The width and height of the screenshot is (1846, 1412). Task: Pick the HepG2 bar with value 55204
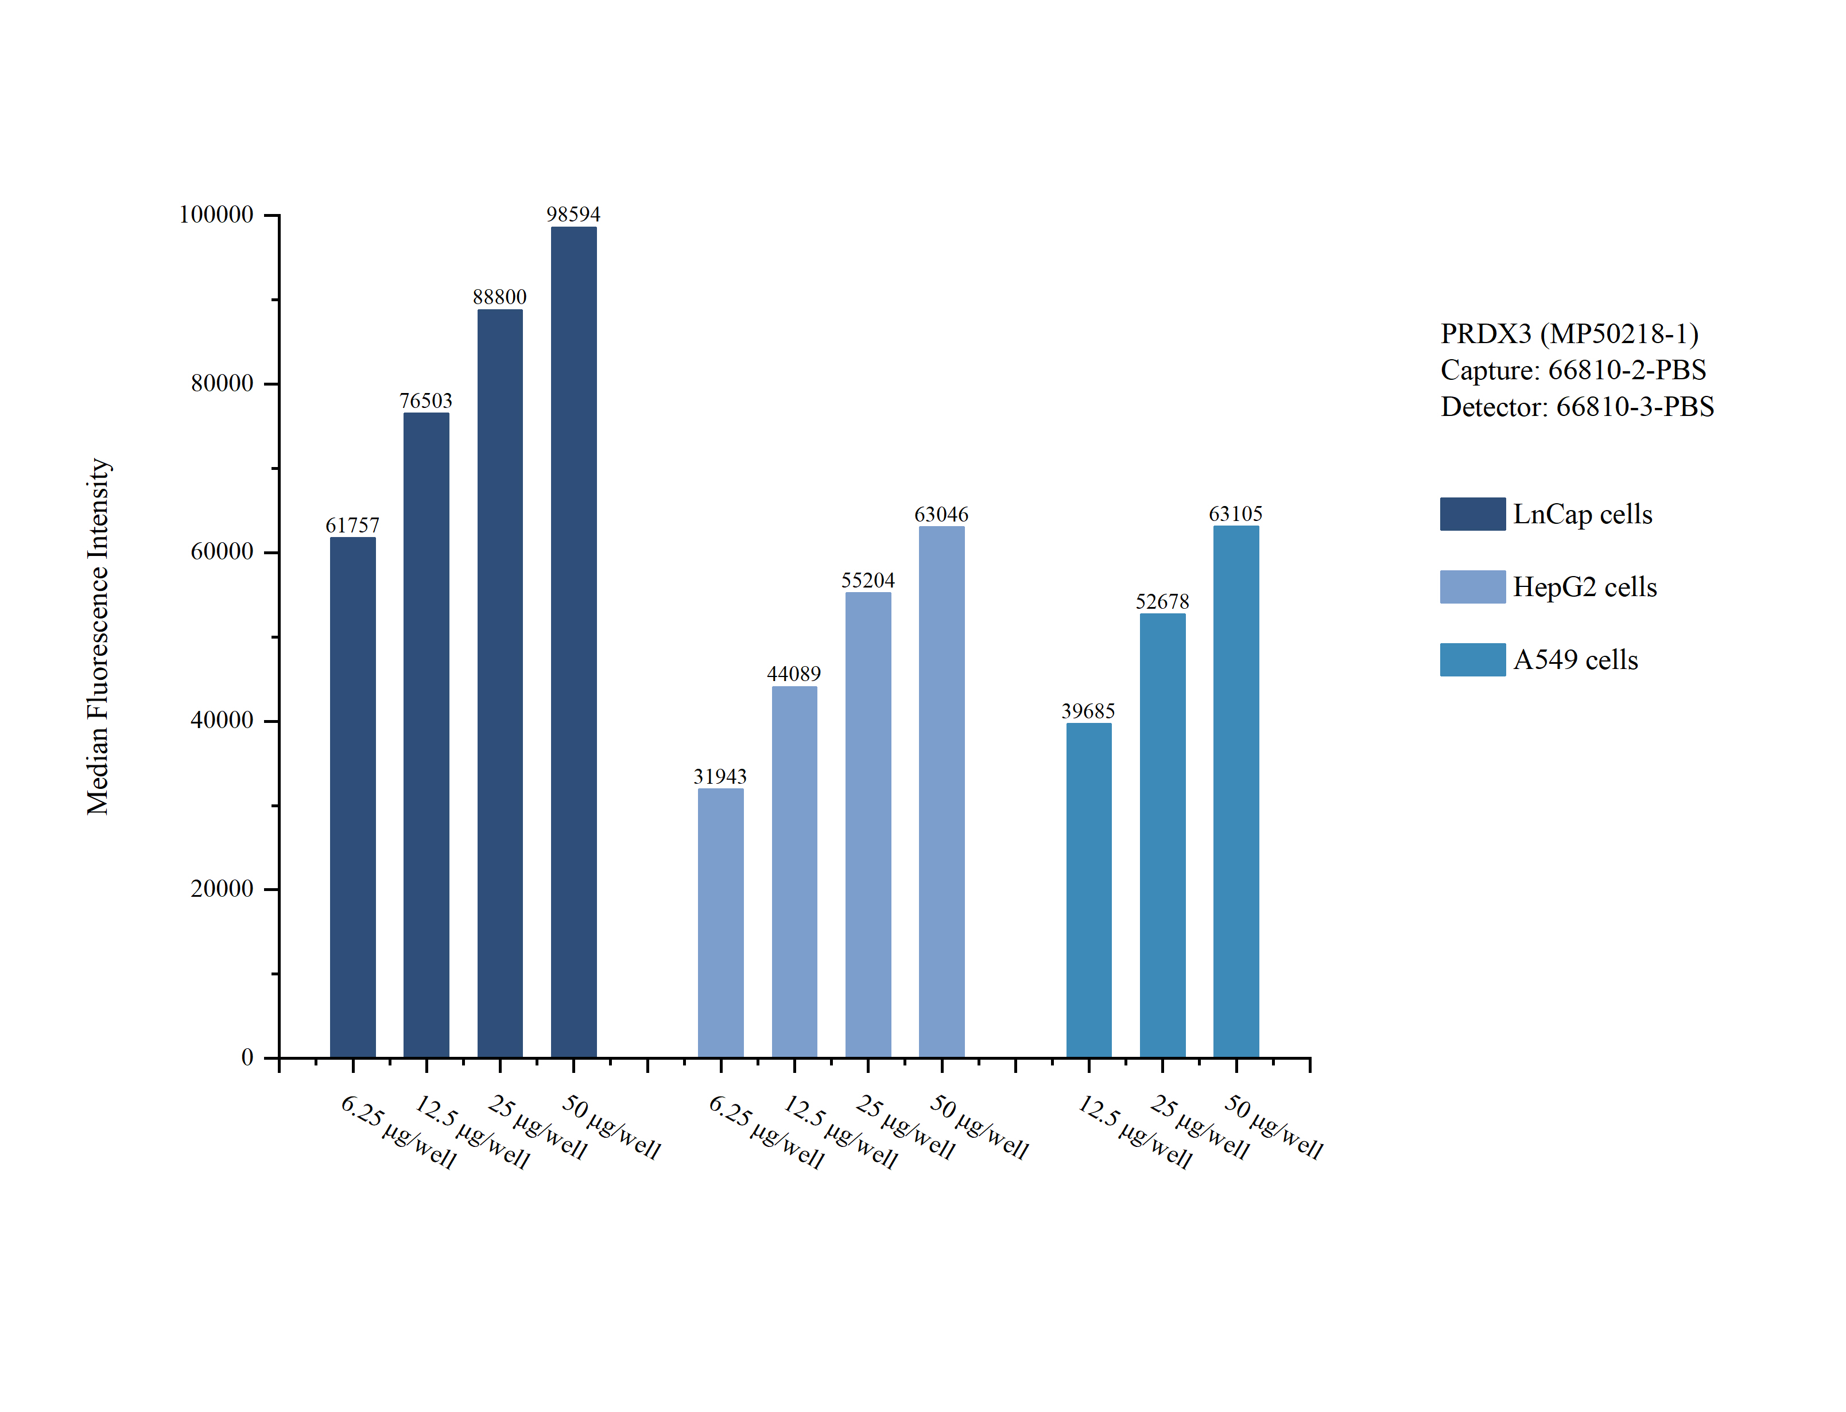867,824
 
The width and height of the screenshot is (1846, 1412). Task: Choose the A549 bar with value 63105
1236,790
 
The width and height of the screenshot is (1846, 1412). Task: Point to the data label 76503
425,401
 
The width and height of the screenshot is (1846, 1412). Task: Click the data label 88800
499,298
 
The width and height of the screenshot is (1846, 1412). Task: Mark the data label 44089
793,674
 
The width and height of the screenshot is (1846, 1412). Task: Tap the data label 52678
1162,602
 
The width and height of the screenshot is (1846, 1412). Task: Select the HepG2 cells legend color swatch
1472,586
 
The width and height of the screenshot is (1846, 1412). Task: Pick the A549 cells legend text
1575,660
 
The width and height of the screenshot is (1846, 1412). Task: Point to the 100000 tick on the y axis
216,215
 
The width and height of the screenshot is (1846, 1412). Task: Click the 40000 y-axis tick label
222,720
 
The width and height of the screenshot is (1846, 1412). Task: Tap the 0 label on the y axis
247,1057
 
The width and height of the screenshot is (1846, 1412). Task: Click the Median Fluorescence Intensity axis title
98,636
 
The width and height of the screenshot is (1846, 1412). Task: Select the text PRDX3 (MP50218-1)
1569,334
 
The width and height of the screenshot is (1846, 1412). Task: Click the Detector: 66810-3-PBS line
1577,407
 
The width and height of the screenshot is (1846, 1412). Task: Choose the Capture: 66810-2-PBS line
1573,370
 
